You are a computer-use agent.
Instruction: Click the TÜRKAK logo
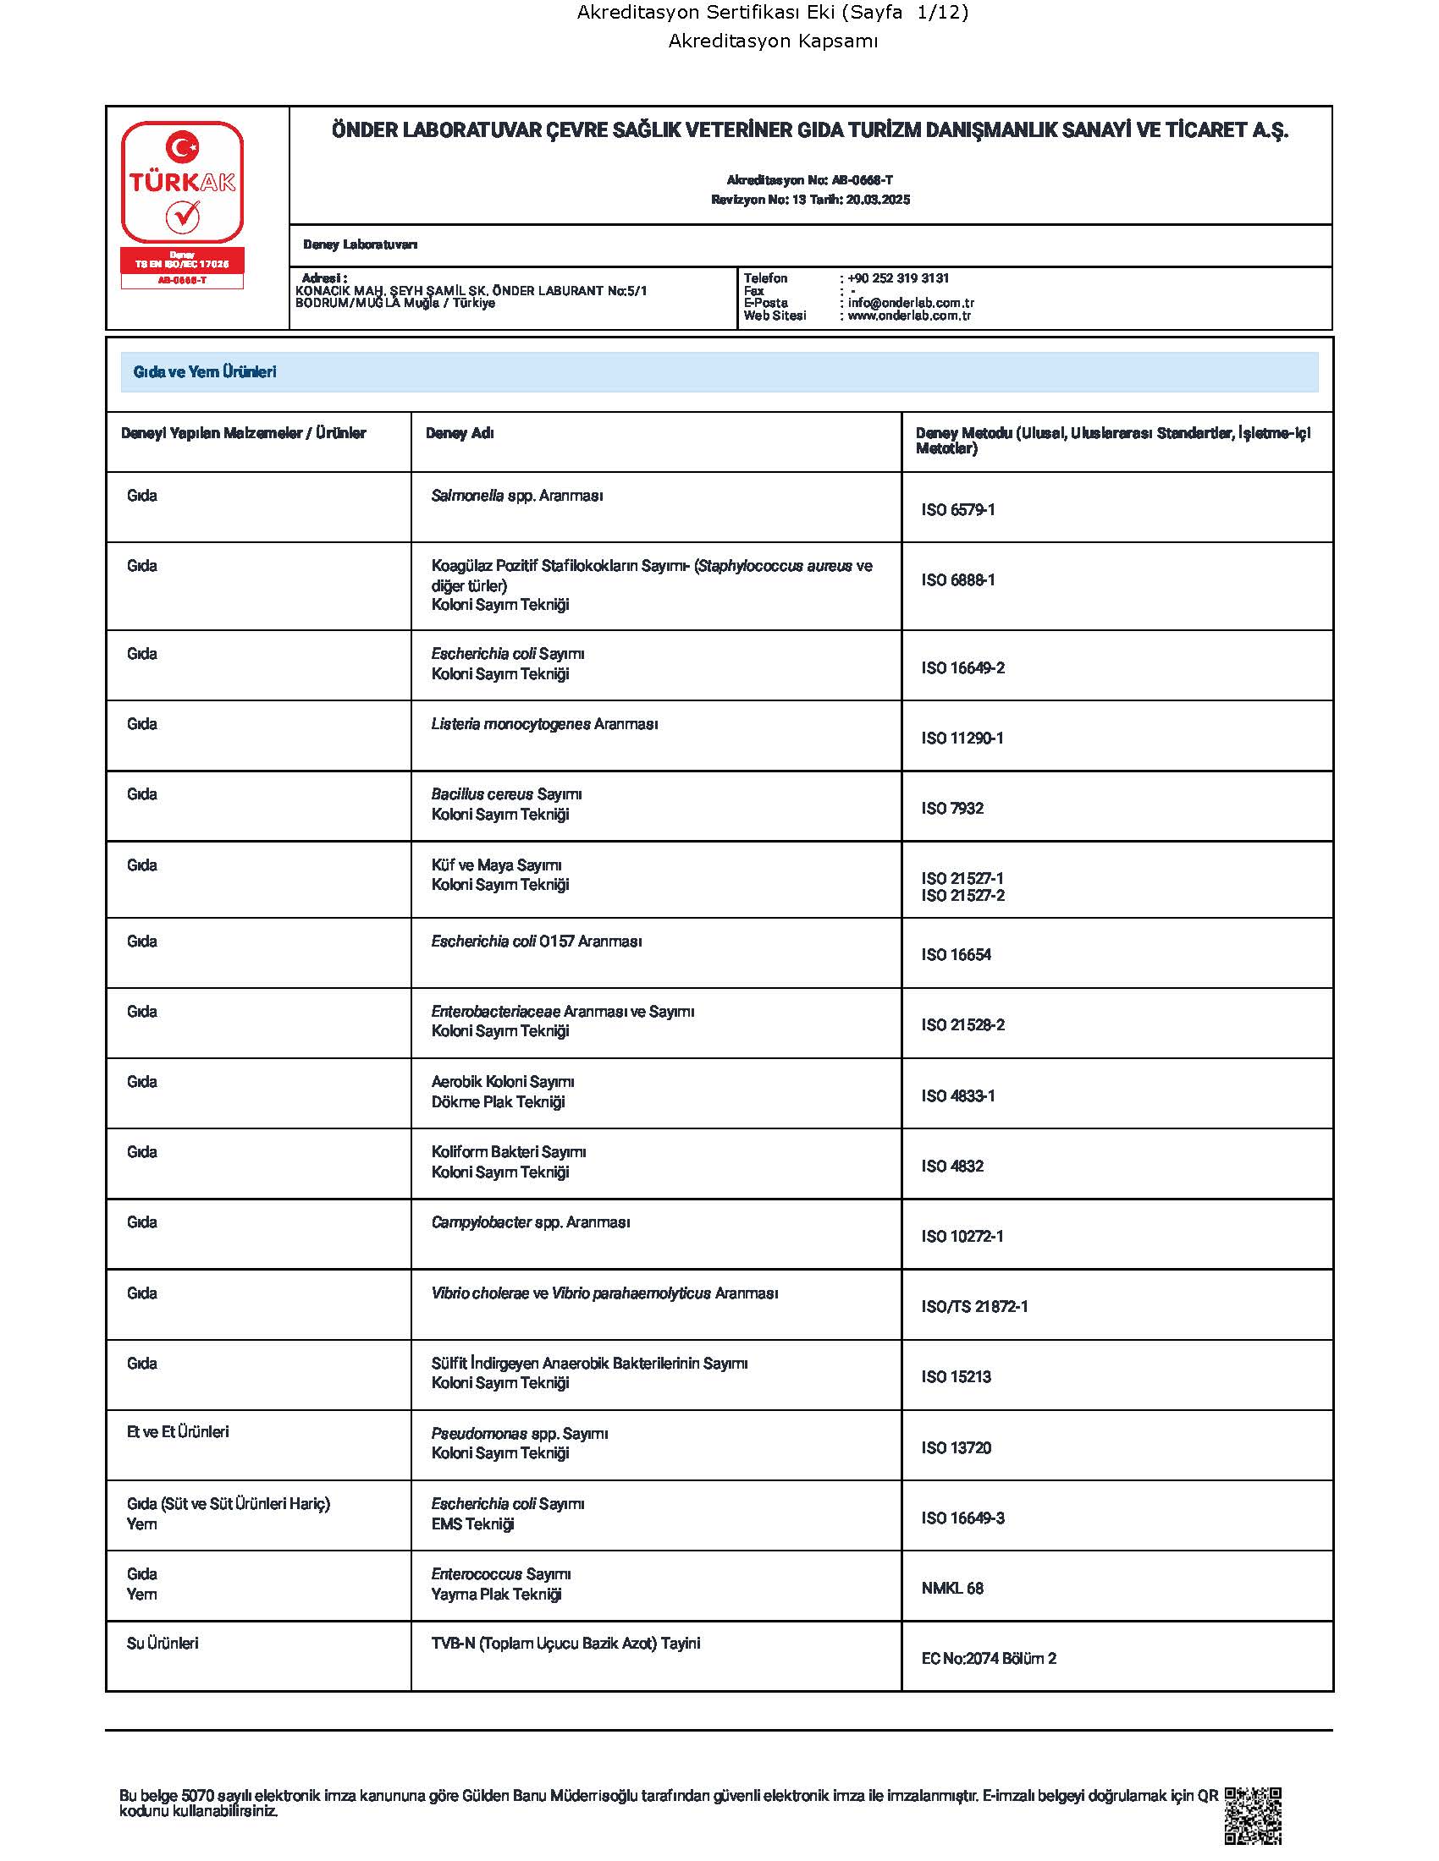tap(182, 183)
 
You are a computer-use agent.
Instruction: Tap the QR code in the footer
tap(1252, 1815)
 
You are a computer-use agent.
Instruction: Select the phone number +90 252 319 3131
tap(897, 278)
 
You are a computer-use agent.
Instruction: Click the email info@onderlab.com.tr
tap(911, 303)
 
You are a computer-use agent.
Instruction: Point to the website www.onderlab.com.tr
tap(909, 316)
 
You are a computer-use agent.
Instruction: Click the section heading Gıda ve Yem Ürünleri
tap(205, 372)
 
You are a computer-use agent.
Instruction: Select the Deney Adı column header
tap(460, 433)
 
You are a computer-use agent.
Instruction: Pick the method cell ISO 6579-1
tap(957, 509)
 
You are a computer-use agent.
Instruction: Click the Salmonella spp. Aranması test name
tap(516, 496)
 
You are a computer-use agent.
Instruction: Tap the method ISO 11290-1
tap(962, 738)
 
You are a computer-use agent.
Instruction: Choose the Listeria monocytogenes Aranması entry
tap(544, 724)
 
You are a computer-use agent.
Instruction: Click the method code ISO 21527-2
tap(962, 896)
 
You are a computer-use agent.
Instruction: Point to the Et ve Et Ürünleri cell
tap(177, 1431)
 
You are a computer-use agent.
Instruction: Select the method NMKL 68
tap(952, 1589)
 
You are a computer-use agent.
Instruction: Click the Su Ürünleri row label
tap(162, 1643)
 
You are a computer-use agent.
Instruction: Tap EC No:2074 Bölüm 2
tap(988, 1658)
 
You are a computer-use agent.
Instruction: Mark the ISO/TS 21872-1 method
tap(974, 1306)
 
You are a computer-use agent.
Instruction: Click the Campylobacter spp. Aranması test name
tap(530, 1222)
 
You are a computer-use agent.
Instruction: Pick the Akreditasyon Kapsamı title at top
tap(772, 41)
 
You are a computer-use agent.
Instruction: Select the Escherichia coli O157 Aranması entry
tap(536, 941)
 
